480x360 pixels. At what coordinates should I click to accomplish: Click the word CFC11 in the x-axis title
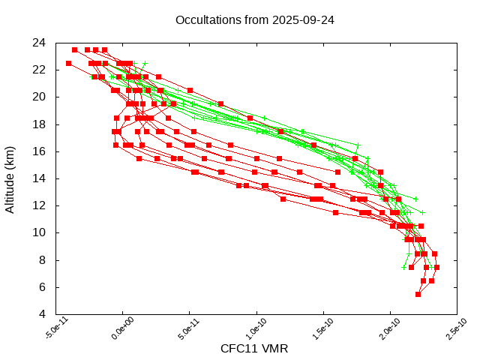point(237,349)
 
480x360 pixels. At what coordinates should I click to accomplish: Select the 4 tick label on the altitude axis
point(44,314)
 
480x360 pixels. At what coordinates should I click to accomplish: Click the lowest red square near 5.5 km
point(418,294)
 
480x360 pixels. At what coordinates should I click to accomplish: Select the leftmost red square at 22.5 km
point(69,64)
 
